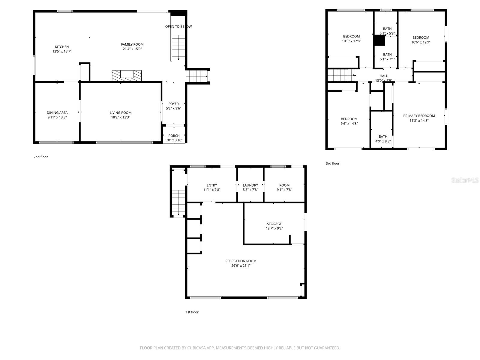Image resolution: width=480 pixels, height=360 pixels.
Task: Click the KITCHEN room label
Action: point(62,47)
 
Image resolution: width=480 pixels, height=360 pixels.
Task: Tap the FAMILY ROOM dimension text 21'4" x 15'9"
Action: point(132,49)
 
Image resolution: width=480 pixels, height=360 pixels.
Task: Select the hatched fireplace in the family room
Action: point(127,76)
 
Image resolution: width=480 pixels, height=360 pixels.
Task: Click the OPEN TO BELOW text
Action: point(178,27)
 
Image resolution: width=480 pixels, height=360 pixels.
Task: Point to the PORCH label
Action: point(174,136)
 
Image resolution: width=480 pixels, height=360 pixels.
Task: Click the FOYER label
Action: point(173,104)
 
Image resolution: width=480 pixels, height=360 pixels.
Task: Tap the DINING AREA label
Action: point(57,113)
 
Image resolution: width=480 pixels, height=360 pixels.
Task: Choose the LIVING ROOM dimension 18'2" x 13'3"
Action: point(121,117)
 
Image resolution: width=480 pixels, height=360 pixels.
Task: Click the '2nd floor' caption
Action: point(40,157)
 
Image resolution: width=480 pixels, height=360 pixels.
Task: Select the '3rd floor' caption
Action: point(332,163)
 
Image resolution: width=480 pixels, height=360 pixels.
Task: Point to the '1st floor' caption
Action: point(192,312)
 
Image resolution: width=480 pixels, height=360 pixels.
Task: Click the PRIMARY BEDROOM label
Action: point(419,116)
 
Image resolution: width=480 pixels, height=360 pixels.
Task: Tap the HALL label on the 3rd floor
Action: point(383,76)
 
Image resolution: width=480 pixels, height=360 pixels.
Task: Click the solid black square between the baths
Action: point(379,40)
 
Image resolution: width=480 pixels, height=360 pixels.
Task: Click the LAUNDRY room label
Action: point(250,185)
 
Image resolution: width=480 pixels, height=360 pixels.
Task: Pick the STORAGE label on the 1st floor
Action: point(274,224)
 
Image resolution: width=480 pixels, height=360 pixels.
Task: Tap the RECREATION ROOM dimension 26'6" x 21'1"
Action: point(241,265)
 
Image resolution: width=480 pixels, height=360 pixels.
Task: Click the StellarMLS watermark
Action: point(465,180)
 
